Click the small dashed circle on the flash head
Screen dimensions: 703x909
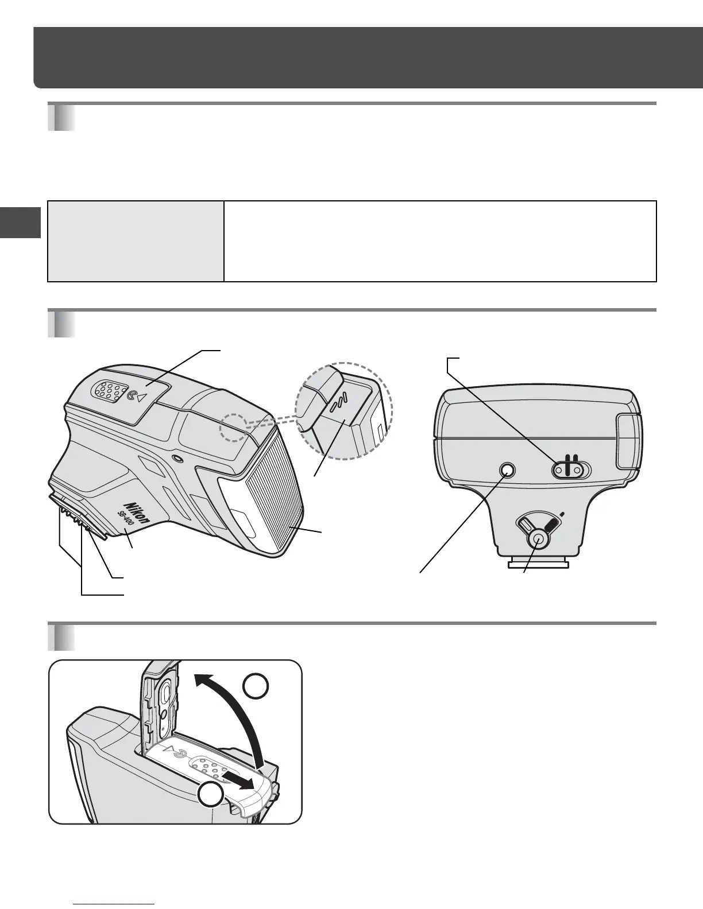click(x=233, y=425)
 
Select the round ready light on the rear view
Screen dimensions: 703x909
click(x=507, y=471)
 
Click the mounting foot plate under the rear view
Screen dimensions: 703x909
click(x=538, y=563)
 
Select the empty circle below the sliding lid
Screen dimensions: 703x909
click(x=211, y=796)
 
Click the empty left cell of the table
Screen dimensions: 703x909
click(x=136, y=241)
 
